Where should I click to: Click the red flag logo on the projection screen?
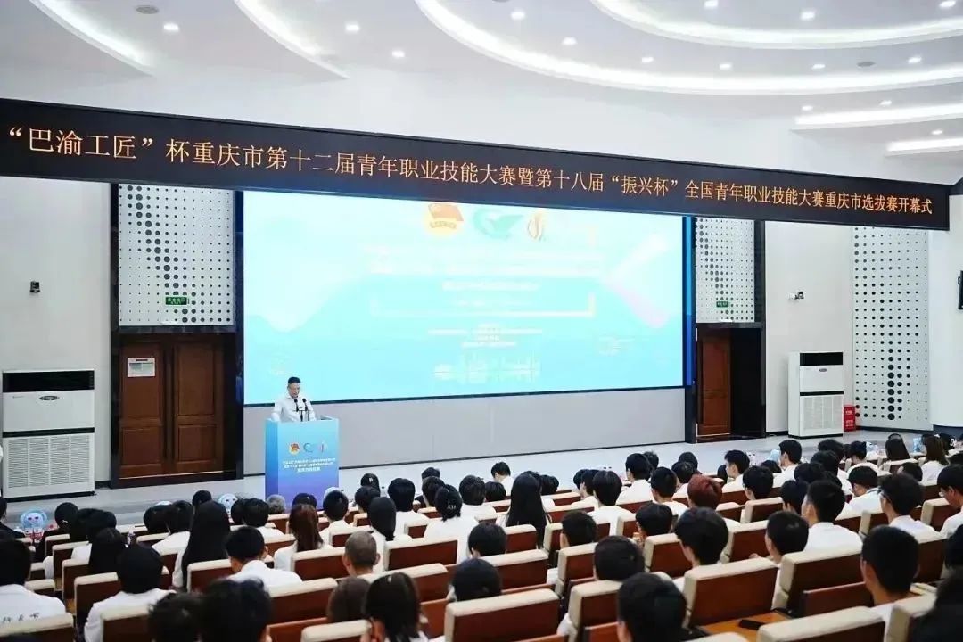(x=443, y=218)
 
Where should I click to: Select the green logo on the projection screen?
(x=496, y=223)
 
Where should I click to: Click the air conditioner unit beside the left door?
(x=48, y=432)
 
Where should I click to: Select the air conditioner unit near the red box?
(x=815, y=393)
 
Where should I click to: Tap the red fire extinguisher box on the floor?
(x=849, y=417)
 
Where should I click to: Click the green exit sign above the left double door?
(x=176, y=300)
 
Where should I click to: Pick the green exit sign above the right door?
(x=721, y=304)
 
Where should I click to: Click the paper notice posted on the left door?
(x=140, y=366)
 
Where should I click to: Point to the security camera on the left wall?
(x=35, y=287)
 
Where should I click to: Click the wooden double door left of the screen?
(x=172, y=407)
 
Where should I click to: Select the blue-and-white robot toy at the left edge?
(x=33, y=522)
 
